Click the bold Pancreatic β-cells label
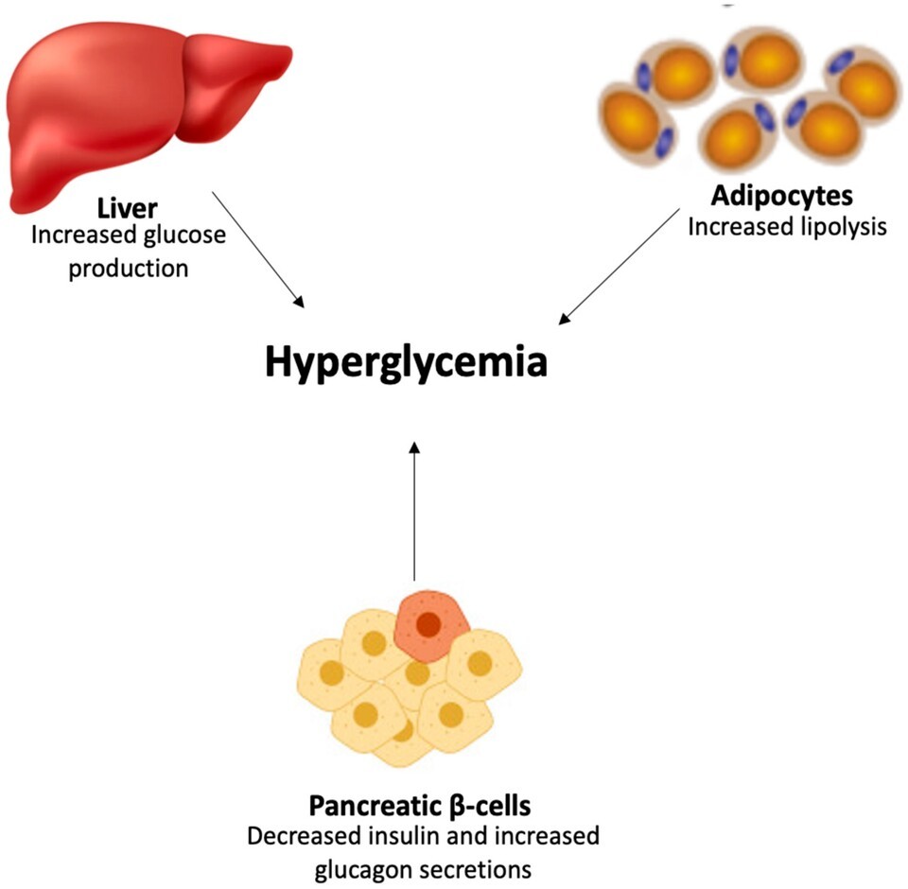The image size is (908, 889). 420,807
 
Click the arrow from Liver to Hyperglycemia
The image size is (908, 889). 258,249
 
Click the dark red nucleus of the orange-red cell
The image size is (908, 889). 428,624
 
